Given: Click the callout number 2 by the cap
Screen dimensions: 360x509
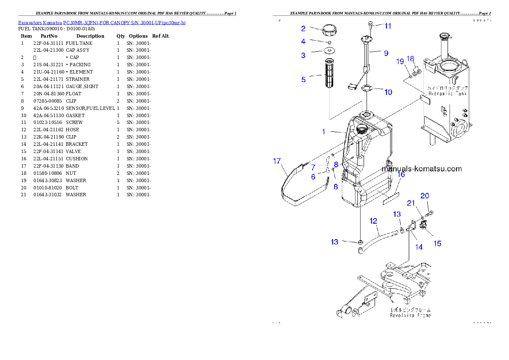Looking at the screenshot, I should pos(303,29).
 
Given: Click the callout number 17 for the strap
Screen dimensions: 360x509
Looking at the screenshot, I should pos(277,161).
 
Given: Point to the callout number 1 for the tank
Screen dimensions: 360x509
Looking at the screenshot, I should pos(324,132).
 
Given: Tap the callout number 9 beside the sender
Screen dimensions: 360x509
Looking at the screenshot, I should pos(386,53).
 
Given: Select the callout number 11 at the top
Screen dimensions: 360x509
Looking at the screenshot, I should pos(388,26).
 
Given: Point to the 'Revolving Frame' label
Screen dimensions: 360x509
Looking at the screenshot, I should pos(410,315).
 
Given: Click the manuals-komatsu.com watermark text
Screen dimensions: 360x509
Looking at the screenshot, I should pos(421,168).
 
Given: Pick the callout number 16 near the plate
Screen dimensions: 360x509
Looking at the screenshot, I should pos(401,174).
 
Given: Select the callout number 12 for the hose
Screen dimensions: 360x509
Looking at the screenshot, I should pos(373,221).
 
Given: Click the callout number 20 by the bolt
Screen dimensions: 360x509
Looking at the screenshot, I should pos(424,196).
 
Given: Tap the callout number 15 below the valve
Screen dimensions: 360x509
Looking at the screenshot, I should pos(438,244).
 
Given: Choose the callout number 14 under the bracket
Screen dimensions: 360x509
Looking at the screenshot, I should pos(419,247).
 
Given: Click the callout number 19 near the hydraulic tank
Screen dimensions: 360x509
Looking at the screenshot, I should pos(400,62).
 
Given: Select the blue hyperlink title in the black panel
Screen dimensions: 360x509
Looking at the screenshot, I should pos(102,22).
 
